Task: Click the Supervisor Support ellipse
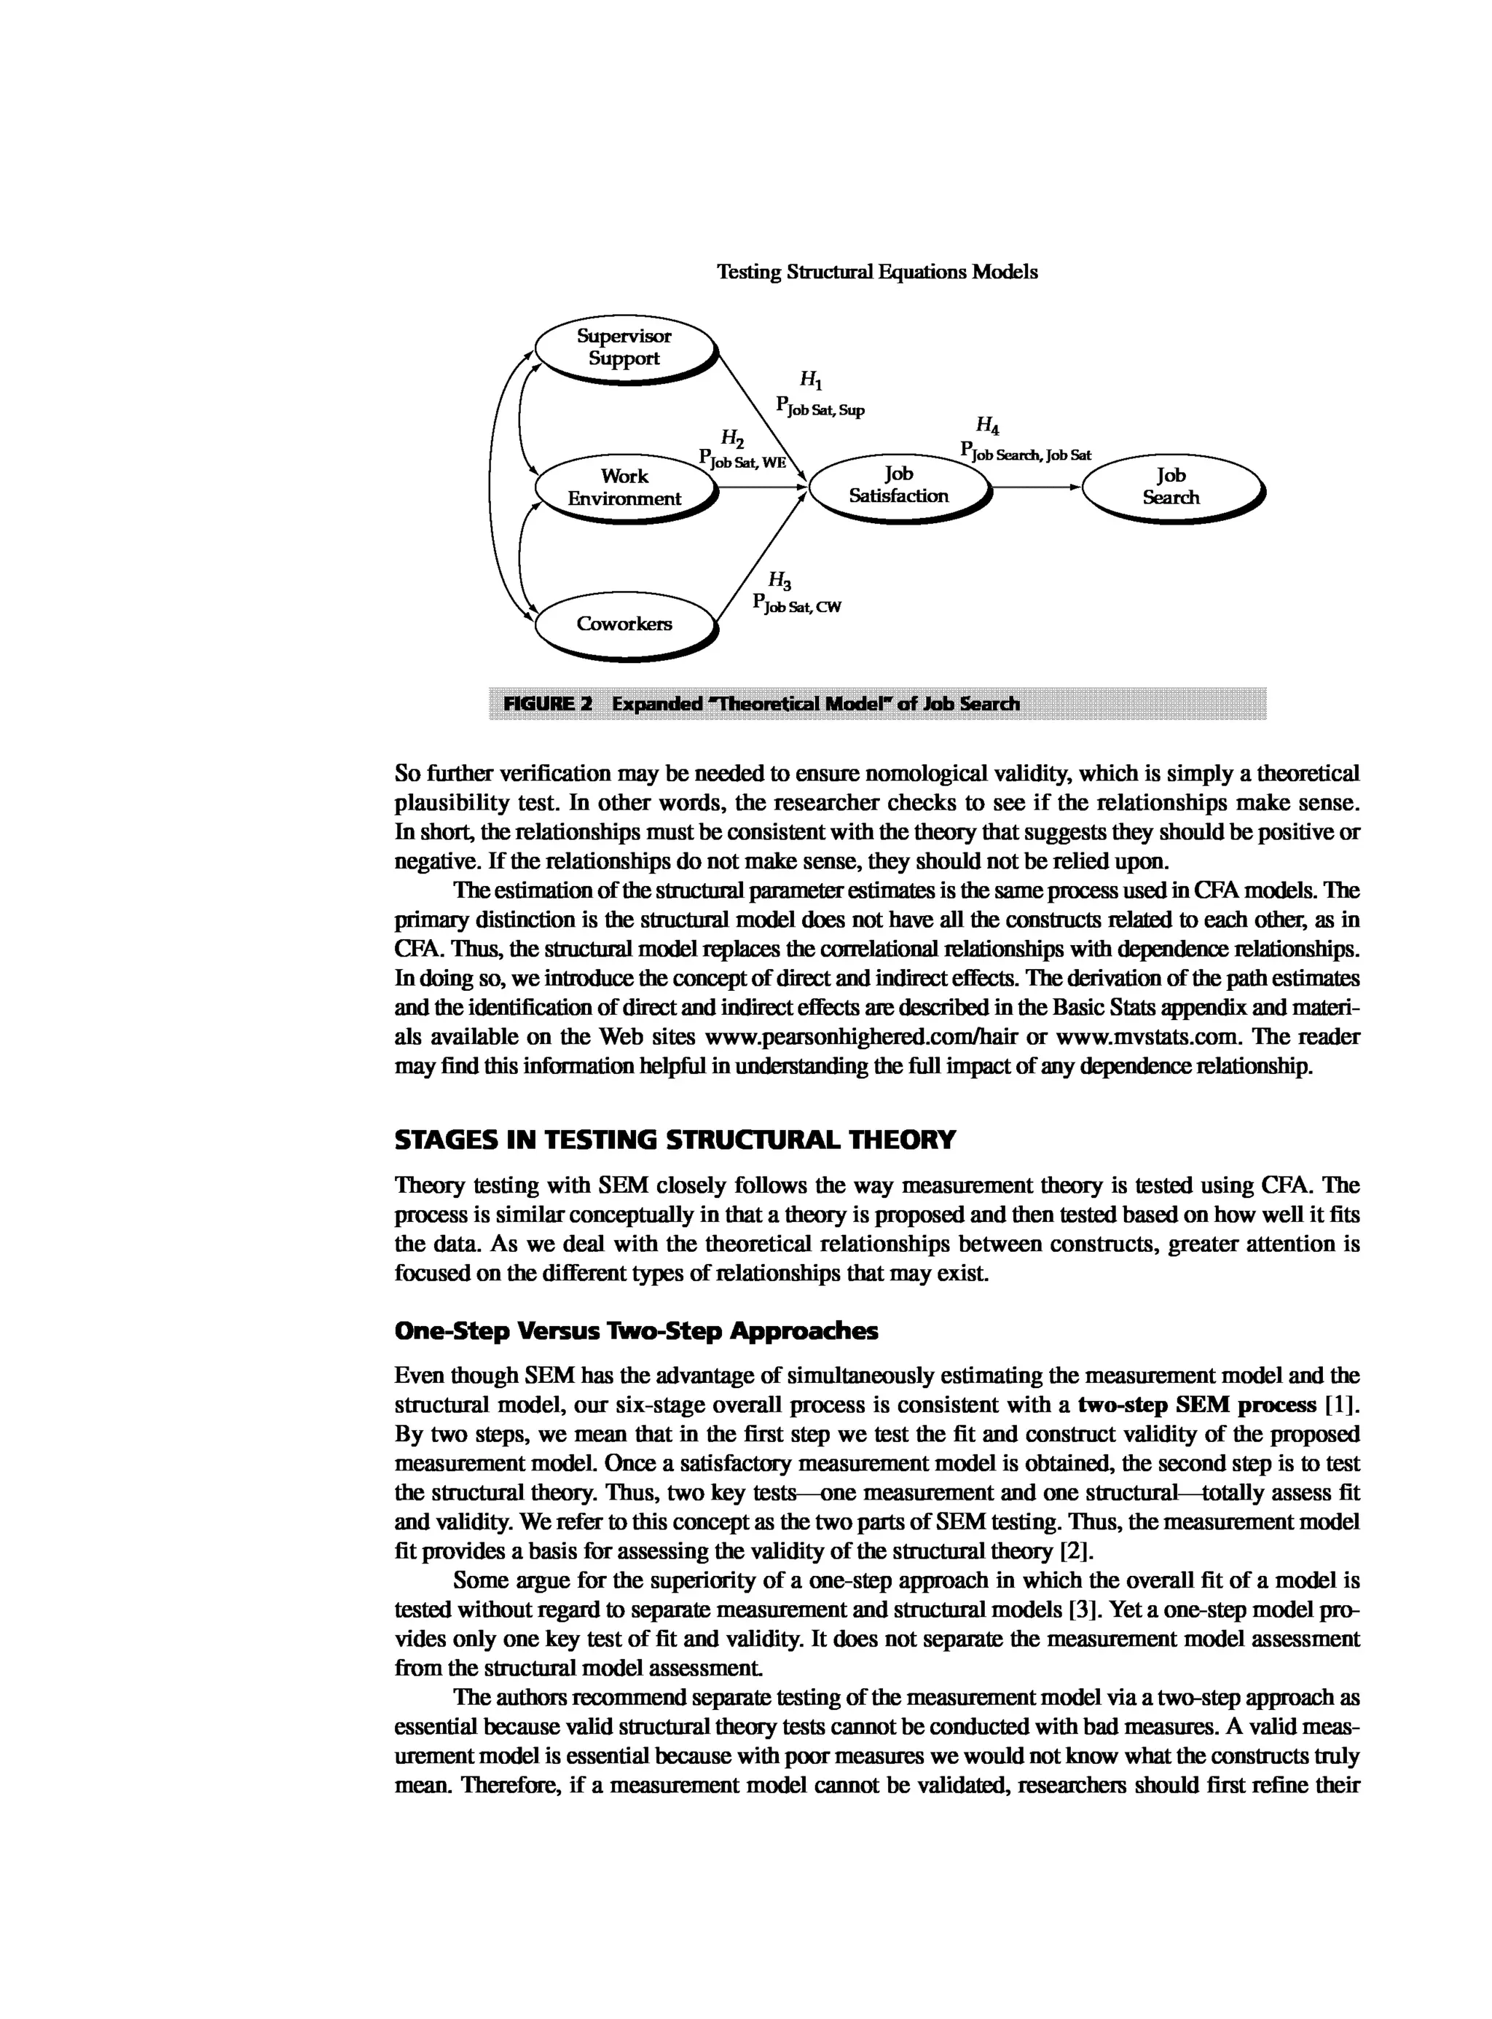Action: (x=624, y=348)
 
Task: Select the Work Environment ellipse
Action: (x=624, y=488)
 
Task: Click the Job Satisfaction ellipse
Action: (x=899, y=485)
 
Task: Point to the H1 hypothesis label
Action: (x=810, y=380)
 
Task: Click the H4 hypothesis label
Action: (x=987, y=426)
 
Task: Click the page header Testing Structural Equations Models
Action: (x=877, y=272)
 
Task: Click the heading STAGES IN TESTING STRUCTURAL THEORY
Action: (x=675, y=1140)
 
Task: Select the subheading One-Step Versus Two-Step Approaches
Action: (x=636, y=1331)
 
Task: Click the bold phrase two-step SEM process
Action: (x=1197, y=1406)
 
